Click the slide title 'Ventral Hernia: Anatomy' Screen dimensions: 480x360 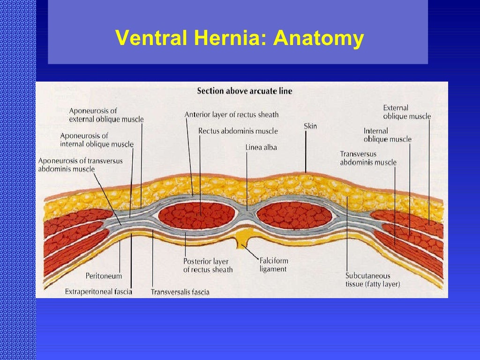pyautogui.click(x=239, y=39)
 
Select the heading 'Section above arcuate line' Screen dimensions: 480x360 pyautogui.click(x=244, y=91)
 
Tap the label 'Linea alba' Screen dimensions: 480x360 pyautogui.click(x=261, y=147)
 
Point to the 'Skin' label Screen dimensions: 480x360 pyautogui.click(x=310, y=126)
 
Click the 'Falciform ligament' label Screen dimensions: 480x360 pyautogui.click(x=274, y=265)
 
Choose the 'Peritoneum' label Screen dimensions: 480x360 pyautogui.click(x=104, y=276)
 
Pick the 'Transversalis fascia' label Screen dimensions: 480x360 pyautogui.click(x=180, y=292)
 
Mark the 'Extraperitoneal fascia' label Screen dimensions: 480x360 pyautogui.click(x=98, y=292)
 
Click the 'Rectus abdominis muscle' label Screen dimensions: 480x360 pyautogui.click(x=238, y=131)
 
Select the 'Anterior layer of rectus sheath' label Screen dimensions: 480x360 pyautogui.click(x=232, y=115)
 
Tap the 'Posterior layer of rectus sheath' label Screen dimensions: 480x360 pyautogui.click(x=208, y=265)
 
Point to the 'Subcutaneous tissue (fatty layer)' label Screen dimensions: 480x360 pyautogui.click(x=373, y=280)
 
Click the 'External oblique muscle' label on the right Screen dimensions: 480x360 pyautogui.click(x=406, y=112)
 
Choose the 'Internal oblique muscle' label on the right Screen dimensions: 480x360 pyautogui.click(x=387, y=135)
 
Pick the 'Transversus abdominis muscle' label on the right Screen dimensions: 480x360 pyautogui.click(x=368, y=158)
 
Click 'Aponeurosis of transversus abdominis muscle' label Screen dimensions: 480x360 pyautogui.click(x=80, y=165)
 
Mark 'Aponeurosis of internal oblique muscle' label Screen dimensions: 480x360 pyautogui.click(x=97, y=140)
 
